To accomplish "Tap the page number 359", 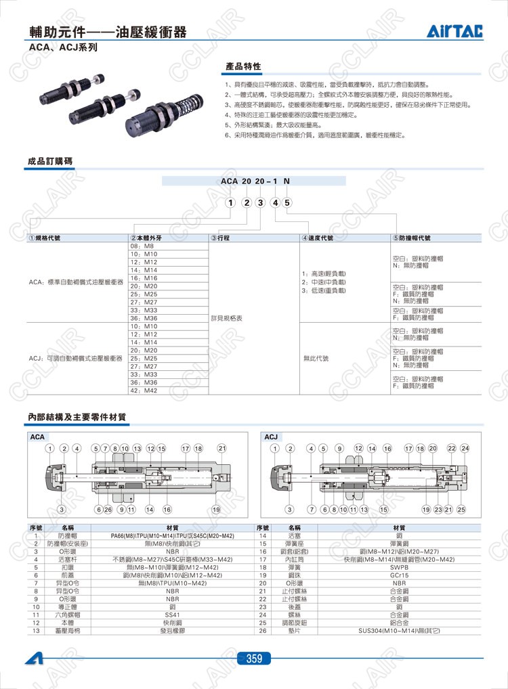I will pos(254,658).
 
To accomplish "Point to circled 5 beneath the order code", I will pos(287,202).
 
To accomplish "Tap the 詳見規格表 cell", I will pos(226,317).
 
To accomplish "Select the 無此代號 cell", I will pos(316,358).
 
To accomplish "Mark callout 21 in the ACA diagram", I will pos(221,448).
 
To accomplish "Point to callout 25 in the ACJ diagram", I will pos(461,509).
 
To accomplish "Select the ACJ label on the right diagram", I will pos(271,437).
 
